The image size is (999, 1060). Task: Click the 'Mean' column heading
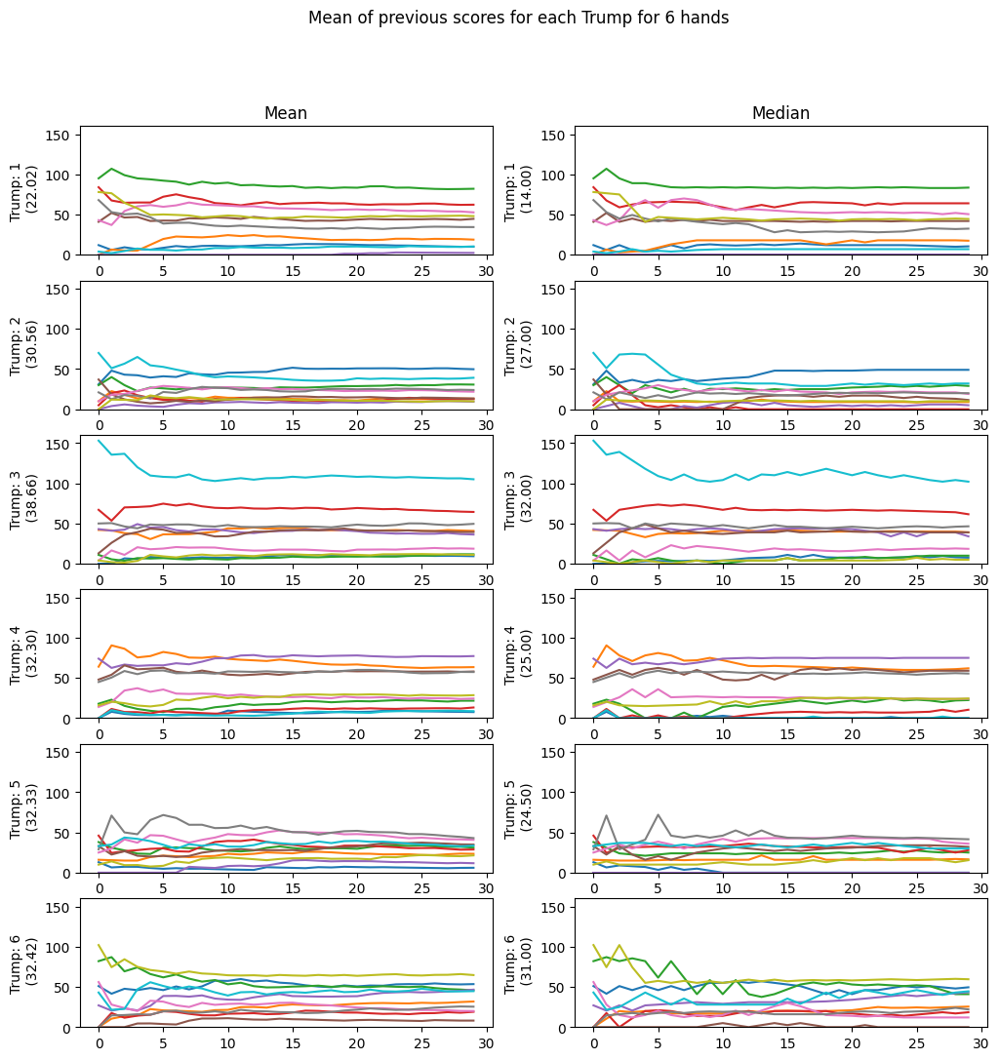click(286, 114)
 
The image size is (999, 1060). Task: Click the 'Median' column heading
click(780, 114)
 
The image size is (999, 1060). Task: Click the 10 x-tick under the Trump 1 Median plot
click(722, 270)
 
